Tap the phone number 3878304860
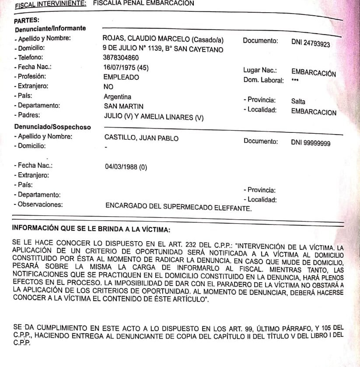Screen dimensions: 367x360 (x=121, y=58)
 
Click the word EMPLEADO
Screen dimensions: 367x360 (x=121, y=77)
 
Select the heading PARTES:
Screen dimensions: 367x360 (x=27, y=20)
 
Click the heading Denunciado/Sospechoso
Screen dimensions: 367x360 (x=52, y=127)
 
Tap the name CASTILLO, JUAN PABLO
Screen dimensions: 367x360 (x=141, y=138)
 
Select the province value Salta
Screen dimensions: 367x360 (x=298, y=101)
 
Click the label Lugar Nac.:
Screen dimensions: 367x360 (x=260, y=70)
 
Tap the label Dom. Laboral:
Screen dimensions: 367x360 (x=264, y=80)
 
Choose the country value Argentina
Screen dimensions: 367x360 (x=117, y=97)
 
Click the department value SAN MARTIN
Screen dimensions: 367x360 (x=123, y=106)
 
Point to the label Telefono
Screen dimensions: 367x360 (x=33, y=57)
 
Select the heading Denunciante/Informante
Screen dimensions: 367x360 (x=50, y=29)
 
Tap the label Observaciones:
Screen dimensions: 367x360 (x=40, y=204)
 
